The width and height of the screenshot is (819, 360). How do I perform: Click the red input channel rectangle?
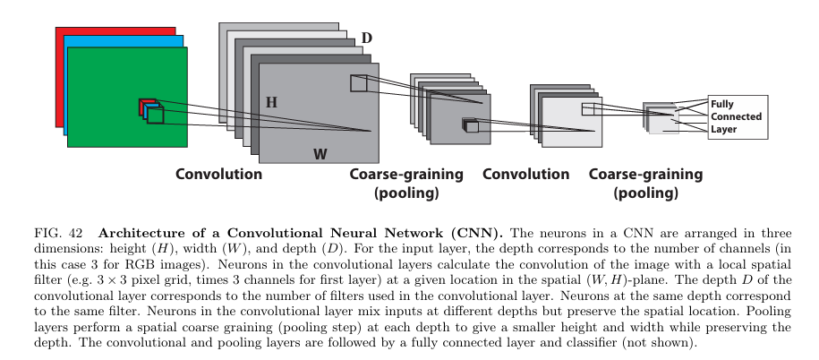(x=115, y=31)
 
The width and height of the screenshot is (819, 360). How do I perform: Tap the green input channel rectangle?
(x=127, y=98)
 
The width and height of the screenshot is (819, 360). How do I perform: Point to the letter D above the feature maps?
(x=367, y=39)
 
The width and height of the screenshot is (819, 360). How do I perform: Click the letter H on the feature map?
(x=271, y=102)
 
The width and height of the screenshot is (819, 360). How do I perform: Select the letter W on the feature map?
(x=320, y=154)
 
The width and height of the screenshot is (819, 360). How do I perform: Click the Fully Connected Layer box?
(x=738, y=117)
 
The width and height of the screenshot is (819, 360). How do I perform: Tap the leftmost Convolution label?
(x=219, y=174)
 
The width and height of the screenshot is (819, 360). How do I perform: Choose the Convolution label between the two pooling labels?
(x=525, y=174)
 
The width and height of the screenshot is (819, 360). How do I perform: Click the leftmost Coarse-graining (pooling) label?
(x=406, y=184)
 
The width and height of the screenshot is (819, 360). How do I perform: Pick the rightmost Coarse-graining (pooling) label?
(x=645, y=184)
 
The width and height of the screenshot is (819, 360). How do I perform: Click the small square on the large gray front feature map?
(x=358, y=83)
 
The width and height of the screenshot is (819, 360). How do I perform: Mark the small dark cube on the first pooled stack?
(x=471, y=125)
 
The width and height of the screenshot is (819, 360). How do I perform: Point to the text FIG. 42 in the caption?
(x=58, y=233)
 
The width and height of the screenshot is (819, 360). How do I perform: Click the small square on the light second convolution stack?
(x=588, y=109)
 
